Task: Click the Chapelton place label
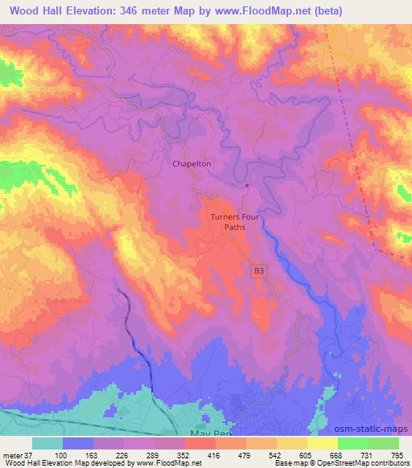pos(192,163)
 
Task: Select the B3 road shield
pos(257,272)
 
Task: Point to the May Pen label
pos(203,432)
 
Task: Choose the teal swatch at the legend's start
pos(47,443)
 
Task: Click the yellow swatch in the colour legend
pos(323,443)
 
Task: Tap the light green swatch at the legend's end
pos(384,443)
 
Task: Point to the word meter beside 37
pos(12,454)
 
